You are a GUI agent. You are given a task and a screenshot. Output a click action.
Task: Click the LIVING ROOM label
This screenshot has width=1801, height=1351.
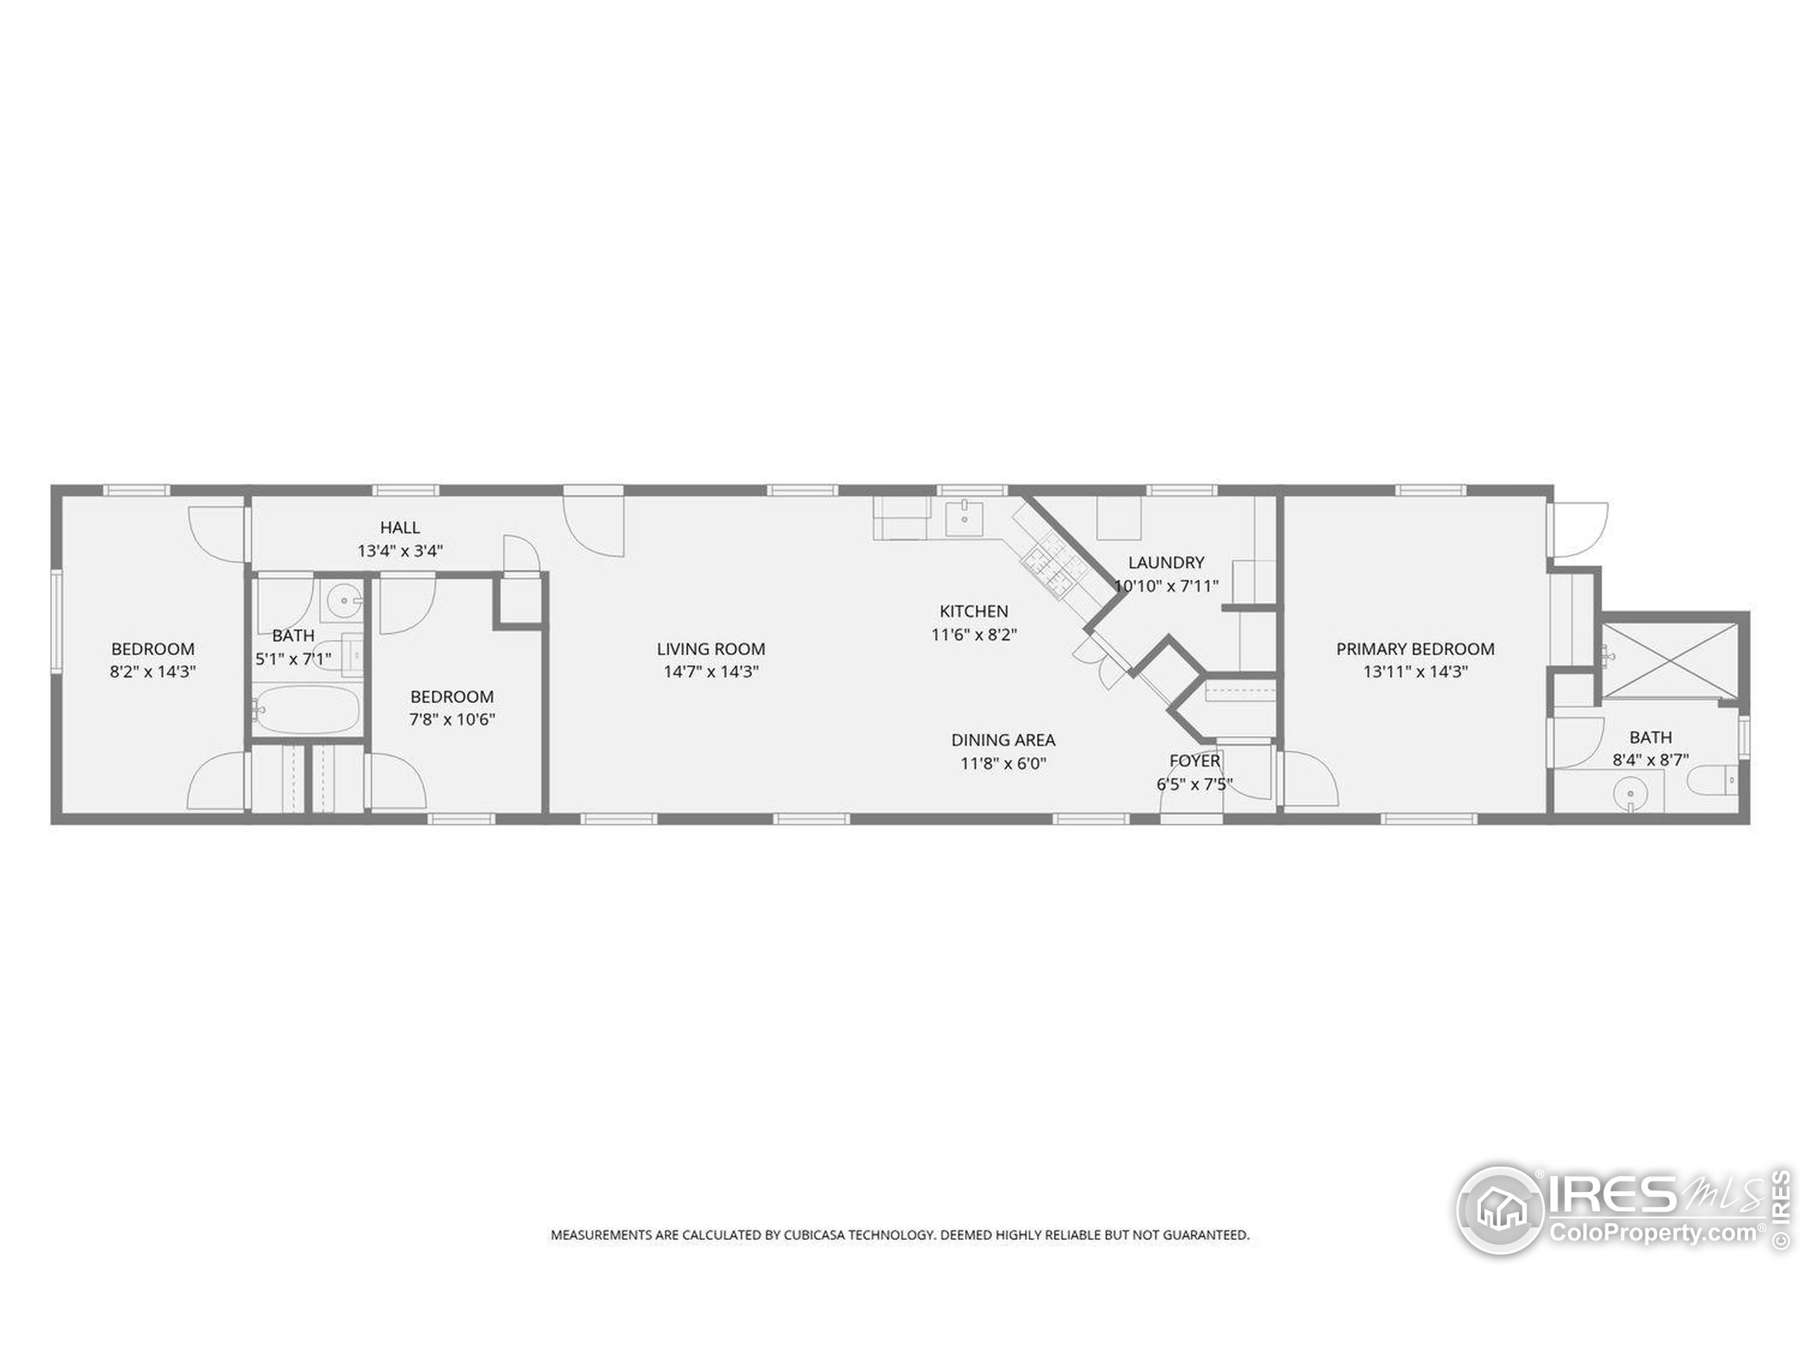click(711, 649)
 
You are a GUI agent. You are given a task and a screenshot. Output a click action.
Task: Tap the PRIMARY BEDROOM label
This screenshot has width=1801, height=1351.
click(1415, 649)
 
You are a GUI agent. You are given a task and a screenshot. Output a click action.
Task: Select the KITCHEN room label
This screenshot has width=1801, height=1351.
click(974, 611)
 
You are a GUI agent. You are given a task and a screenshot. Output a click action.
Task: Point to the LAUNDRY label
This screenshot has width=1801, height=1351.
click(1166, 562)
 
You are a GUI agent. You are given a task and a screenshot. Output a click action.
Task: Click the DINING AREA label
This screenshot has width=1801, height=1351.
click(1003, 740)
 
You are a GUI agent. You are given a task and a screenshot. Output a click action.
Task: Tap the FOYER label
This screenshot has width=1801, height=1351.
click(1195, 761)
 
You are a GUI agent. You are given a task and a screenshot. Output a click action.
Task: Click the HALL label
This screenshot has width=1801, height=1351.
click(400, 528)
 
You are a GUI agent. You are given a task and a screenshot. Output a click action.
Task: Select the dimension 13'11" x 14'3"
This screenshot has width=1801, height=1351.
click(1415, 672)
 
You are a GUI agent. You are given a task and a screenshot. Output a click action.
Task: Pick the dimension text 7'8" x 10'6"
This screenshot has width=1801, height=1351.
click(452, 719)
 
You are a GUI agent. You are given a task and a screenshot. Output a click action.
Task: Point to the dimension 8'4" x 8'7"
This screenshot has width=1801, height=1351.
click(1650, 760)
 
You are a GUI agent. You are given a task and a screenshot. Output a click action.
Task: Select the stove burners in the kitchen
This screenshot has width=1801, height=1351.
click(1050, 566)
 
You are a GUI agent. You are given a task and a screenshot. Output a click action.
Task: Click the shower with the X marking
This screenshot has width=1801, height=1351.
click(1670, 659)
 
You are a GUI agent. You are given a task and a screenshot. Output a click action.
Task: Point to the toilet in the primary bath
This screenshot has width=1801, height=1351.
click(1714, 781)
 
